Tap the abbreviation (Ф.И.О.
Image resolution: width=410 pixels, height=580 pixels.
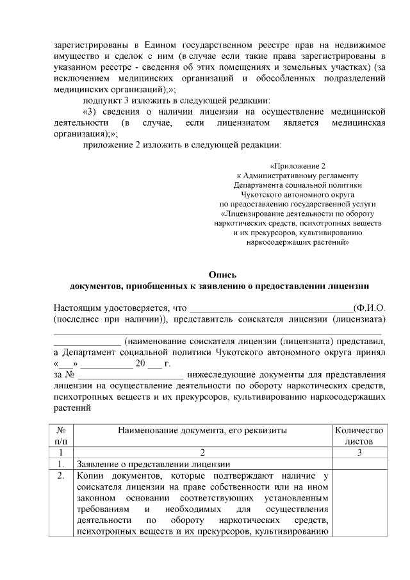point(369,308)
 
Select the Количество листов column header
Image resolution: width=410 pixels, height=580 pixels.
point(359,436)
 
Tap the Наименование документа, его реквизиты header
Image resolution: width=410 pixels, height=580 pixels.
point(202,431)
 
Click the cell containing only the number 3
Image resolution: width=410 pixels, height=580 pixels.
point(359,452)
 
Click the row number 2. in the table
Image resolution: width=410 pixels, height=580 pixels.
point(61,476)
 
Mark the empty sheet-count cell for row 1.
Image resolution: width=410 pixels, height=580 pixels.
point(359,464)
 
